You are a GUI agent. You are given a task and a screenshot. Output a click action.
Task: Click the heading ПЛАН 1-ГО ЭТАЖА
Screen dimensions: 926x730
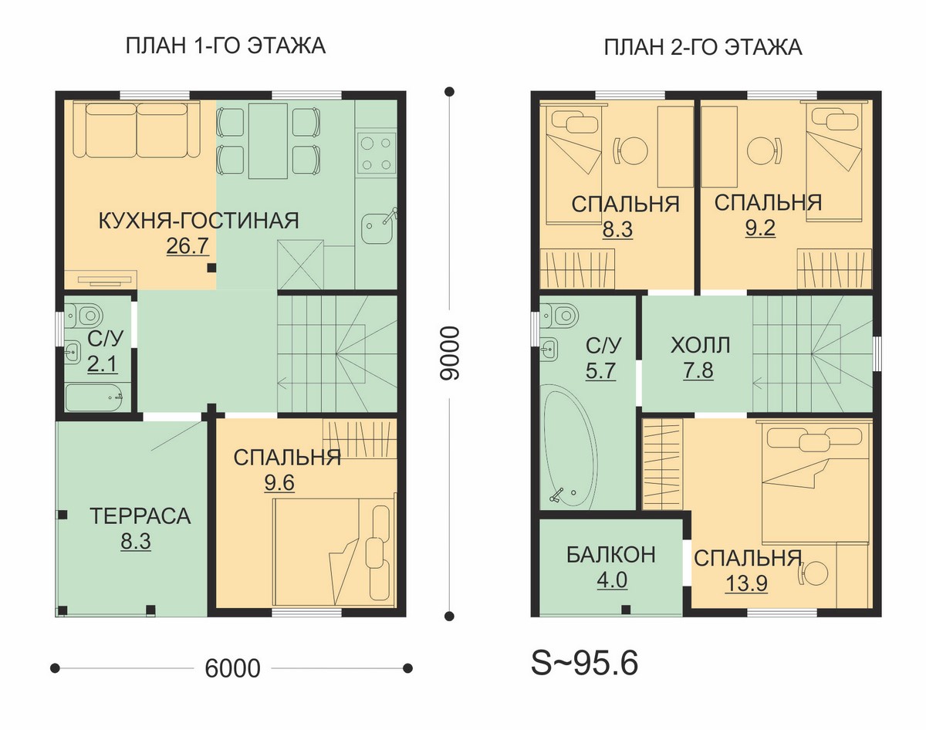click(225, 46)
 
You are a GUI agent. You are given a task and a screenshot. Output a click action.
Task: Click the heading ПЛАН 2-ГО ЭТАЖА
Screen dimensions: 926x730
click(703, 47)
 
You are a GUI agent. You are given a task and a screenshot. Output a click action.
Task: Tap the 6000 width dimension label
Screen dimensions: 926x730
click(232, 668)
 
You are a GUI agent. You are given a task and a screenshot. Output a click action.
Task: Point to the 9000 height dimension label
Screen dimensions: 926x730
click(450, 353)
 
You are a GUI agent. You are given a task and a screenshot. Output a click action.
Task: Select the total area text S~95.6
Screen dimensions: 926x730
click(584, 664)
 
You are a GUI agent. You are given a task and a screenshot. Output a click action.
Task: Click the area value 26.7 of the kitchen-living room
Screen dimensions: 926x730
click(188, 245)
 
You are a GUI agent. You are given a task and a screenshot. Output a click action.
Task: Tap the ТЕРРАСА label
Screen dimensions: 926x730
click(140, 516)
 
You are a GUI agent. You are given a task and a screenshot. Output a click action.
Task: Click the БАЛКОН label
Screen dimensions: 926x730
click(611, 555)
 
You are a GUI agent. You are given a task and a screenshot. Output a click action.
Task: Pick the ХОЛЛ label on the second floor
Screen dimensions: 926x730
click(700, 346)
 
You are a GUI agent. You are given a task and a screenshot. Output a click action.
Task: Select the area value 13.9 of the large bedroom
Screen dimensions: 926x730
click(746, 584)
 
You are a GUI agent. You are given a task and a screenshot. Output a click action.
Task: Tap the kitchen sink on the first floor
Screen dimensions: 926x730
click(377, 228)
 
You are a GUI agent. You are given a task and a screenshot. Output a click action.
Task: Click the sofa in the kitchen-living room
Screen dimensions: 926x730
click(137, 130)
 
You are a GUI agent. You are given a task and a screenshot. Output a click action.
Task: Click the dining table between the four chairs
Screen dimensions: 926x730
click(268, 140)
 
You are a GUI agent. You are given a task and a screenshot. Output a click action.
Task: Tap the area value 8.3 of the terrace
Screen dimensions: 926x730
click(136, 541)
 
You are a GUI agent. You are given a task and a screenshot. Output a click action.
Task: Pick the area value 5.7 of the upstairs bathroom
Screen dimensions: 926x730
click(600, 370)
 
